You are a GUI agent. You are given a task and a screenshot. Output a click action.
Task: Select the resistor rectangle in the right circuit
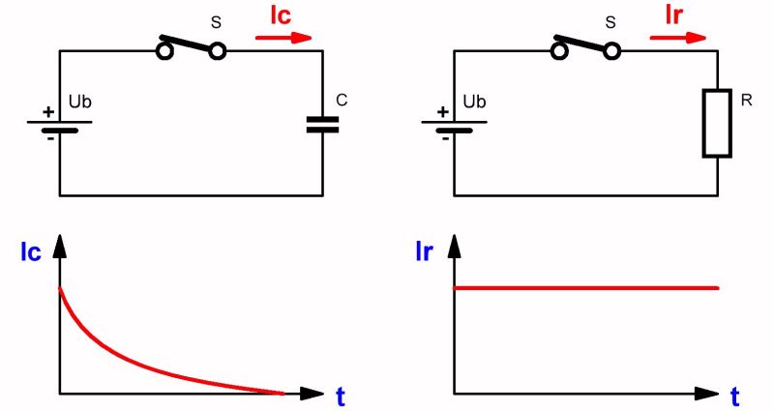(716, 123)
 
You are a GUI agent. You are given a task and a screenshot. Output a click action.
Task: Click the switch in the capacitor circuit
(193, 46)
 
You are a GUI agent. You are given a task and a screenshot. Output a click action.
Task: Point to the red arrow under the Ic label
(284, 39)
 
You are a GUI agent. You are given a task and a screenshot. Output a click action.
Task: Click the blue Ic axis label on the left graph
(30, 254)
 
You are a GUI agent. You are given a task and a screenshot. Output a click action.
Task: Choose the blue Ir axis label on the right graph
(424, 254)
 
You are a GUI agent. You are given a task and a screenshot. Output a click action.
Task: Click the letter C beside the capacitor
(342, 101)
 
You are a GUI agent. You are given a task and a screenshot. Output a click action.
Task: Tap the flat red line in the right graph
(586, 288)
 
